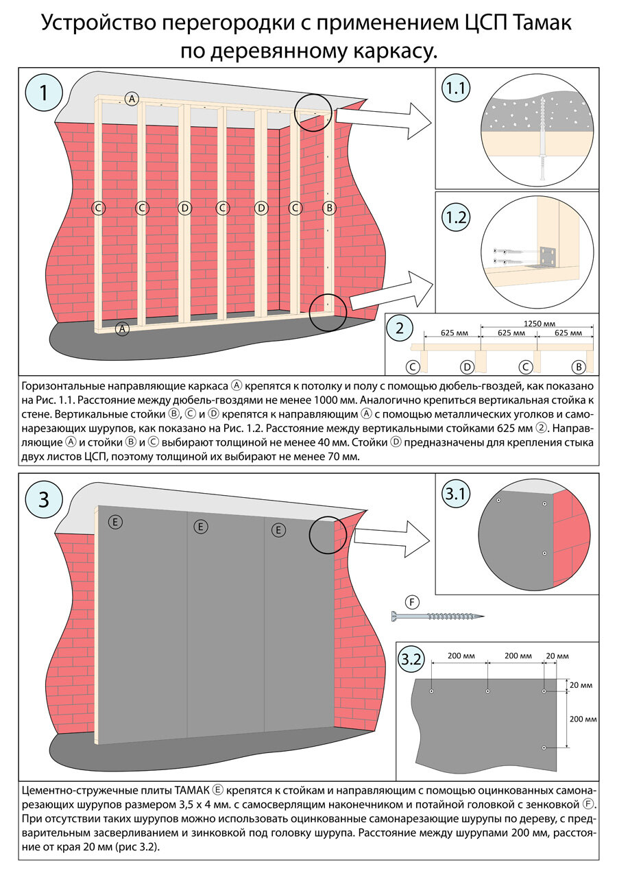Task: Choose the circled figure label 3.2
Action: (411, 660)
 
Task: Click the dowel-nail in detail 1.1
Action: (544, 140)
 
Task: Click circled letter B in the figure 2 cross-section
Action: (579, 367)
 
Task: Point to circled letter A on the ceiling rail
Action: (132, 99)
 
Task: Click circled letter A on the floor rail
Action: (123, 328)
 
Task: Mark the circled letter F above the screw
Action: (412, 602)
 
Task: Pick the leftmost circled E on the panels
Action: (115, 523)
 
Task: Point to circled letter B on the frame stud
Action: (328, 207)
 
